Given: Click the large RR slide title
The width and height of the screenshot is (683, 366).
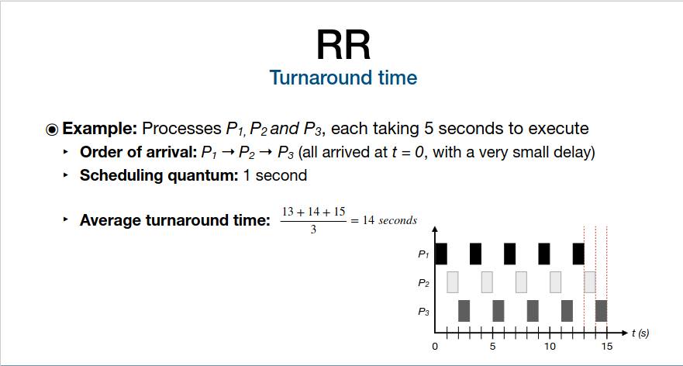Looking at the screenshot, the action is [343, 45].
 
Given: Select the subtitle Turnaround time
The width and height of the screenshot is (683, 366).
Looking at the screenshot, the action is [343, 78].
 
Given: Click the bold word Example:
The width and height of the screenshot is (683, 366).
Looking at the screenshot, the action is [100, 129].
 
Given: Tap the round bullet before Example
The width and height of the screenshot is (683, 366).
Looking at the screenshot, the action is [52, 129].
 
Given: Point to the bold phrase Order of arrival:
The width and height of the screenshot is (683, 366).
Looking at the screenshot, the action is [139, 153].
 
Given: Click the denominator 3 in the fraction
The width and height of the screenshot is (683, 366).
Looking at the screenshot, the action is [313, 230].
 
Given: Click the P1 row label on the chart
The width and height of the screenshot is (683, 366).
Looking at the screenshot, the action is [424, 254].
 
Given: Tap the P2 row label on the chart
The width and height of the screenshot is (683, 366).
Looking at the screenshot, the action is [424, 283].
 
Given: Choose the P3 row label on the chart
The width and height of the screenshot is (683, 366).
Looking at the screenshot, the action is [424, 312].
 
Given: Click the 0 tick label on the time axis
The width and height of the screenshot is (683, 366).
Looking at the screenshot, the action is [435, 347].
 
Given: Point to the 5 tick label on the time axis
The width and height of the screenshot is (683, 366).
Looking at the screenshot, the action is [492, 347].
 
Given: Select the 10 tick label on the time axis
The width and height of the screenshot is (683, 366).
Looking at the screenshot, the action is [550, 347].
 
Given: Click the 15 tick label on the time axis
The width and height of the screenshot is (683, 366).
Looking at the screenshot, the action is [607, 347].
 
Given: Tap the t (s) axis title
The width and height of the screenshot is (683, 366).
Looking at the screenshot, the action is [640, 333].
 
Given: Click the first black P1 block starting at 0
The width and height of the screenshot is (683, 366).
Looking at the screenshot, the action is [441, 254].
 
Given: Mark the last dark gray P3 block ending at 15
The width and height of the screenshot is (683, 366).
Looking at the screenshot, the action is [601, 311].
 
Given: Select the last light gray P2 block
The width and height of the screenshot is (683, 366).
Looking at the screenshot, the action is [590, 282].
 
